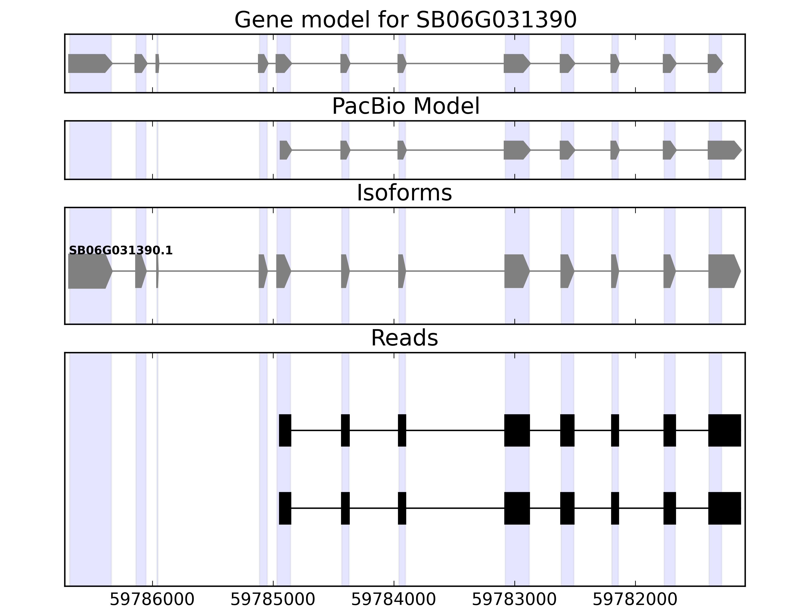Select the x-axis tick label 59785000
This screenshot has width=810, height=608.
click(x=273, y=600)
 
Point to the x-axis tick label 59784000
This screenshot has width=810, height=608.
click(x=394, y=600)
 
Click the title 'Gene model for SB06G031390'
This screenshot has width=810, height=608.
click(x=405, y=20)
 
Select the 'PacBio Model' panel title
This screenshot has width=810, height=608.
click(x=405, y=106)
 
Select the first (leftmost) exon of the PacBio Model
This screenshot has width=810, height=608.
click(x=285, y=150)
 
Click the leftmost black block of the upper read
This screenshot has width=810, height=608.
click(x=285, y=430)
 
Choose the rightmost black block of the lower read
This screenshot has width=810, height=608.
click(x=724, y=508)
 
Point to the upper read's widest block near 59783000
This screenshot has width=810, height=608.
click(x=517, y=430)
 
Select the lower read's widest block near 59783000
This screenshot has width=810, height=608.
click(x=517, y=508)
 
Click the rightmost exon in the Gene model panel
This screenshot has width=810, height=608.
click(x=714, y=63)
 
